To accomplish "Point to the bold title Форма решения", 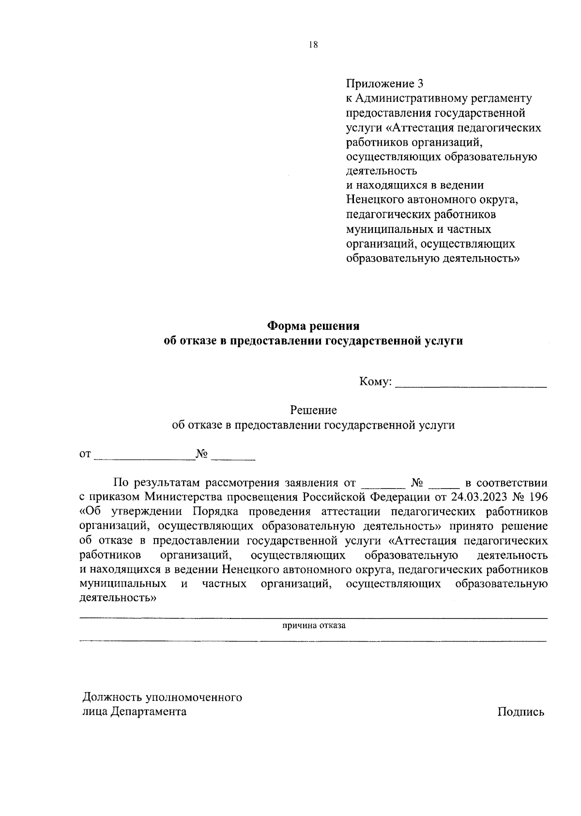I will click(314, 325).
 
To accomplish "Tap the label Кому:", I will click(375, 382).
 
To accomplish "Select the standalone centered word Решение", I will click(313, 410).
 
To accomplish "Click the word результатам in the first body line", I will click(168, 483).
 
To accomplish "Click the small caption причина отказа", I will click(314, 625).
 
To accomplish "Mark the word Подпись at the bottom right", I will click(520, 712).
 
